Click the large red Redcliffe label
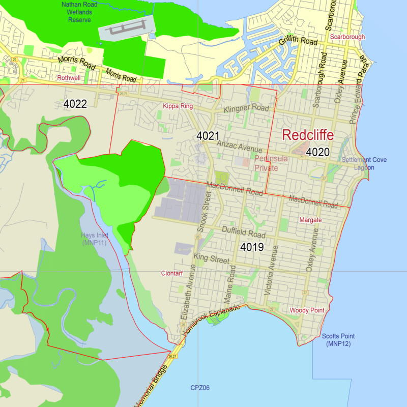tap(308, 135)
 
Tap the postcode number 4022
tap(75, 104)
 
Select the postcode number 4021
tap(208, 136)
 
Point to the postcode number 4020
tap(318, 152)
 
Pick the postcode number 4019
tap(252, 248)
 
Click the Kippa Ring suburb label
tap(178, 106)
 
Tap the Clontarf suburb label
tap(171, 273)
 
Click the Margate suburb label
tap(310, 220)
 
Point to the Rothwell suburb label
tap(69, 78)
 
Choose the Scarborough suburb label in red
tap(347, 37)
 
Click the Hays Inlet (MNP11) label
tap(94, 239)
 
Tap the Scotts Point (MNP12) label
tap(338, 340)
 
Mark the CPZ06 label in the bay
tap(200, 388)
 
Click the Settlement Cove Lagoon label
tap(364, 163)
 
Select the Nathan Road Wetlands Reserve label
tap(80, 12)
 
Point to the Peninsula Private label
tap(274, 163)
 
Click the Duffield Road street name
tap(244, 233)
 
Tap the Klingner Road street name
tap(246, 109)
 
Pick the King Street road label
tap(212, 258)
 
